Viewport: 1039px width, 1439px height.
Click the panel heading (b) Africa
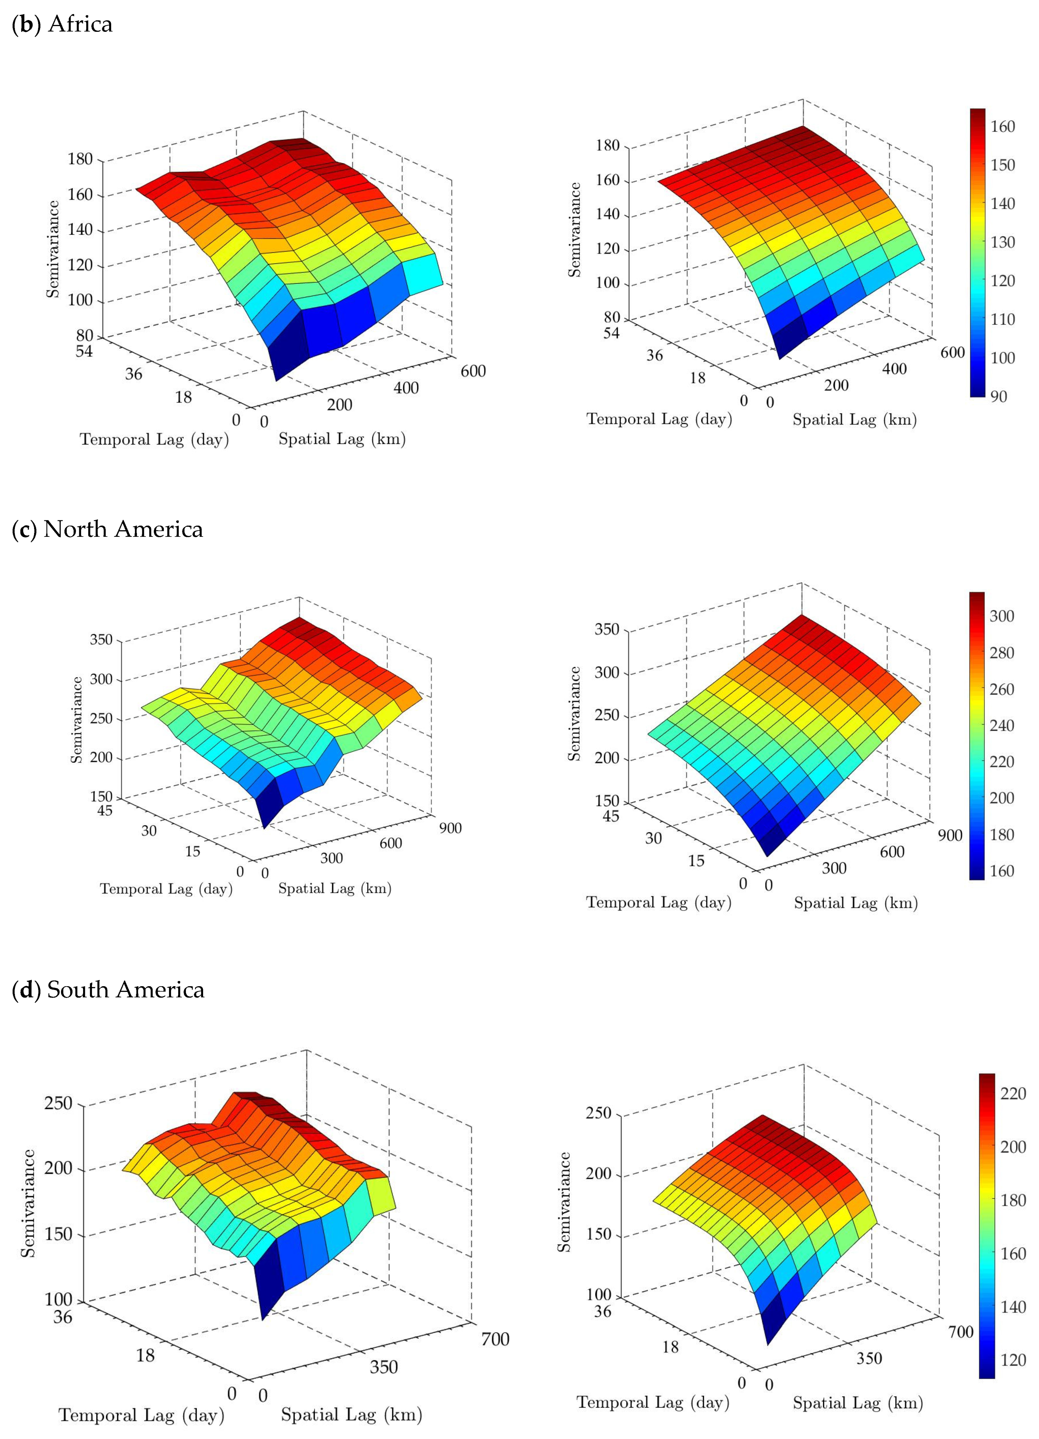(x=62, y=24)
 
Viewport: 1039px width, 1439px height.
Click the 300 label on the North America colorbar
(x=1001, y=616)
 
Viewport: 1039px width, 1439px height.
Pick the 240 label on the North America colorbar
(x=1001, y=725)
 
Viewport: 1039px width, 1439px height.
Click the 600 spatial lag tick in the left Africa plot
(x=473, y=371)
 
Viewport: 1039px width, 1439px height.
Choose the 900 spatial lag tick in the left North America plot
(x=450, y=828)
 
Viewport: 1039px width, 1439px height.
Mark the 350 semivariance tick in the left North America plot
(x=101, y=639)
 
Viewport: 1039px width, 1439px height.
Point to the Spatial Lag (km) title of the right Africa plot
(x=854, y=419)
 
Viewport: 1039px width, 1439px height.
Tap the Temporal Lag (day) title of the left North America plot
(x=166, y=889)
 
